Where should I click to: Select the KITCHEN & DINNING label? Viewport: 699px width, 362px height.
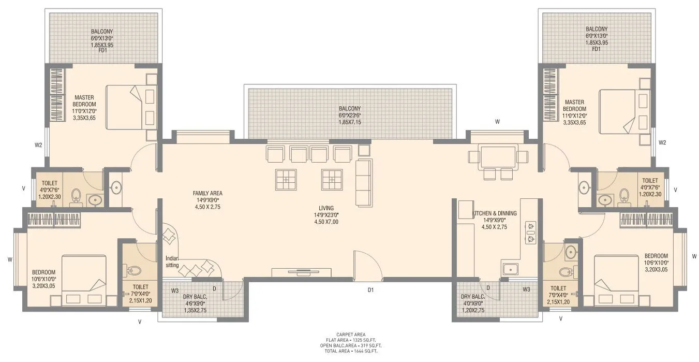pos(495,213)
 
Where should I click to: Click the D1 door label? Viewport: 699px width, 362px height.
pos(370,291)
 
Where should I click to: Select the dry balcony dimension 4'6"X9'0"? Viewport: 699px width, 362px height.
pos(195,303)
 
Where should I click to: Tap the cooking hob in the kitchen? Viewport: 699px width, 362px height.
pos(530,233)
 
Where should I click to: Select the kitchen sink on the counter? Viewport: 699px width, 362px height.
pos(509,269)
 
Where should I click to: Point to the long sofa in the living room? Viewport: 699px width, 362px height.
pos(364,183)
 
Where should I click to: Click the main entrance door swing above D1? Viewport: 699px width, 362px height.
pos(366,264)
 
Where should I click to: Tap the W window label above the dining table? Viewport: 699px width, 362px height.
pos(497,122)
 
